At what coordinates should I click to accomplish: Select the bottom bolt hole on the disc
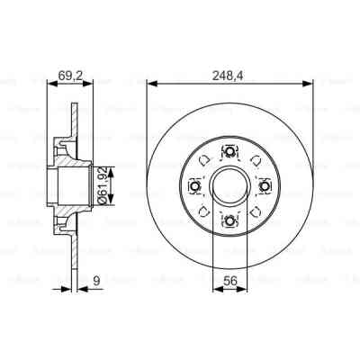coord(229,221)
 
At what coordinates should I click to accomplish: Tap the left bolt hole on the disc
coord(194,186)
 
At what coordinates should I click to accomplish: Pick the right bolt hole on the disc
coord(265,186)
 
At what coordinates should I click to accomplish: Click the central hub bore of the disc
coord(229,186)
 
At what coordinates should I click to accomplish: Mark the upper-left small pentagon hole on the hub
coord(205,162)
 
